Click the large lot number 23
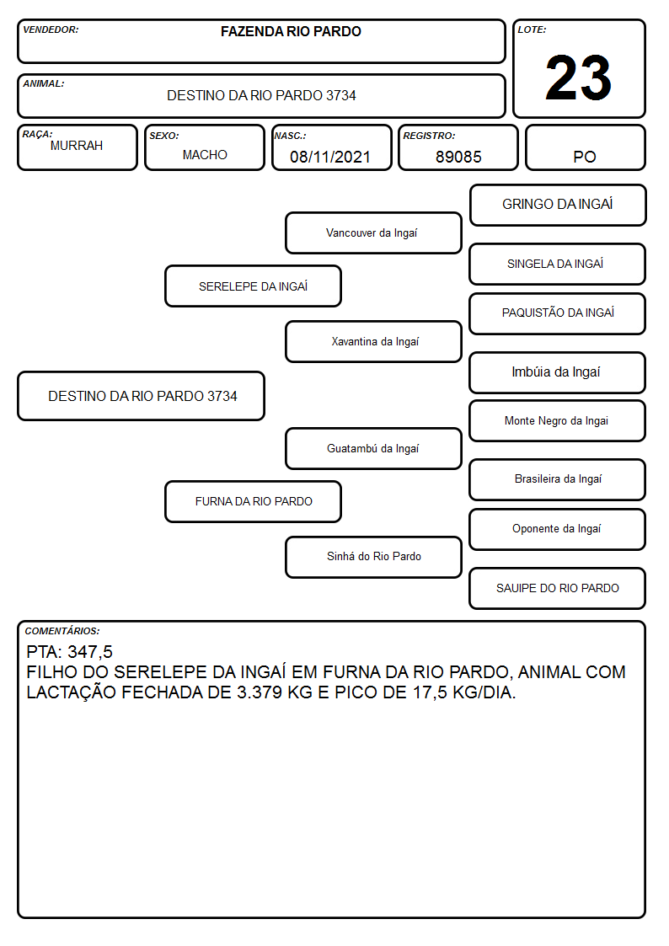point(578,77)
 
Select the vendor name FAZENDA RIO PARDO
point(291,31)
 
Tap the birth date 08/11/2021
point(330,157)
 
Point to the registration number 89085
point(458,157)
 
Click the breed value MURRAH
point(77,146)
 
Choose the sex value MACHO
point(205,155)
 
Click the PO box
point(585,147)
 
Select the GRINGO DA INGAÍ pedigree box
point(558,206)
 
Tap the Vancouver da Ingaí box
point(373,232)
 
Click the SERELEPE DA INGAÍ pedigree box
point(254,286)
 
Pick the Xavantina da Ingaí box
point(373,341)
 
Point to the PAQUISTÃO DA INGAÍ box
point(558,313)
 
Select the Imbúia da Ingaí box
point(558,372)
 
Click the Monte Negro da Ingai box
point(558,421)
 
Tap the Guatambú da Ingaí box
point(373,449)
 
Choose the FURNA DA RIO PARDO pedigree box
point(254,501)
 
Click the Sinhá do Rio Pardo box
point(373,557)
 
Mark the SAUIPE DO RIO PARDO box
point(558,588)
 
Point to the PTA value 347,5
point(90,652)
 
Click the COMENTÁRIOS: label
point(62,631)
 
